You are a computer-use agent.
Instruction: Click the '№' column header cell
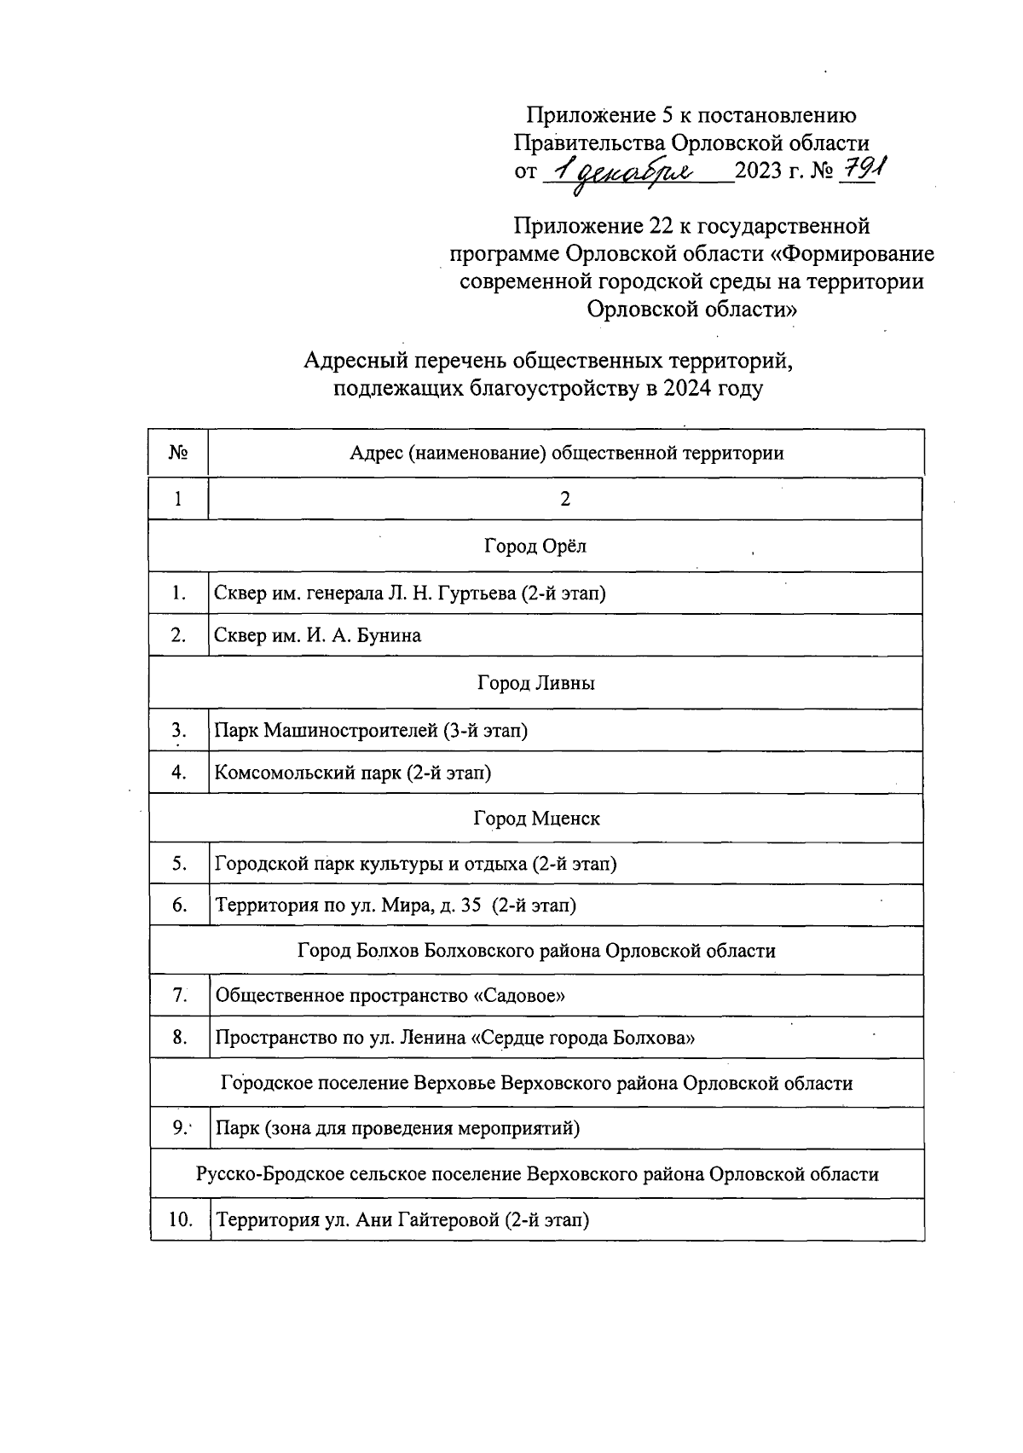click(x=178, y=452)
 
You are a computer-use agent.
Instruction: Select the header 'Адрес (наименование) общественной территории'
click(x=566, y=453)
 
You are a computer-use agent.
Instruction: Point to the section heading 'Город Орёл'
click(x=535, y=546)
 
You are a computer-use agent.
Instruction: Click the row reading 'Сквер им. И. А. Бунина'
click(x=318, y=635)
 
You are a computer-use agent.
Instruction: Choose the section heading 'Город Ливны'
click(x=535, y=683)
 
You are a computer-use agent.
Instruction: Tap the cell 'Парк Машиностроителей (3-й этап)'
click(x=371, y=730)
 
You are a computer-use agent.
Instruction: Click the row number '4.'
click(x=179, y=773)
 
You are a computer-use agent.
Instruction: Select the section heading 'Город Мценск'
click(x=536, y=819)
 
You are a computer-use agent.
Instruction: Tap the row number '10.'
click(x=181, y=1219)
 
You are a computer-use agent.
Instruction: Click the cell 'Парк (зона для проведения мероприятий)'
click(x=397, y=1128)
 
